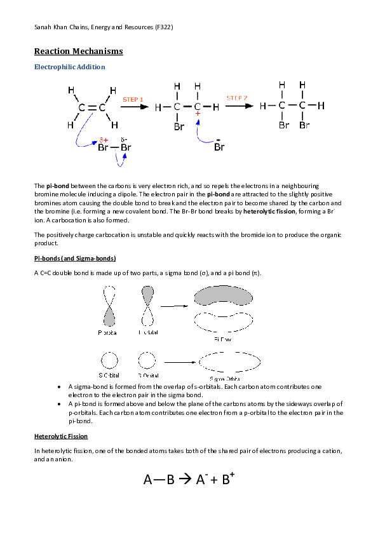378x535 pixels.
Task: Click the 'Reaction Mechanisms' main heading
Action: coord(78,51)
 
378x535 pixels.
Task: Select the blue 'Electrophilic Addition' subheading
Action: coord(69,67)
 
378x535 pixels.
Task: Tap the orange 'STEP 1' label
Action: coord(133,100)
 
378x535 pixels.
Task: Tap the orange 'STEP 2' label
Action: coord(237,98)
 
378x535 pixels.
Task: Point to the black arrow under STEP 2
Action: coord(238,106)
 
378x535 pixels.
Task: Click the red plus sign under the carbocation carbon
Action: coord(198,114)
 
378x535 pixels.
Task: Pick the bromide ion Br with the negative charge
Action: coord(219,147)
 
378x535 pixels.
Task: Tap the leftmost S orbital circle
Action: coord(109,361)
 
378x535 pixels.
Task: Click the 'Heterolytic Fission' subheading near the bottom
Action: coord(61,437)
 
